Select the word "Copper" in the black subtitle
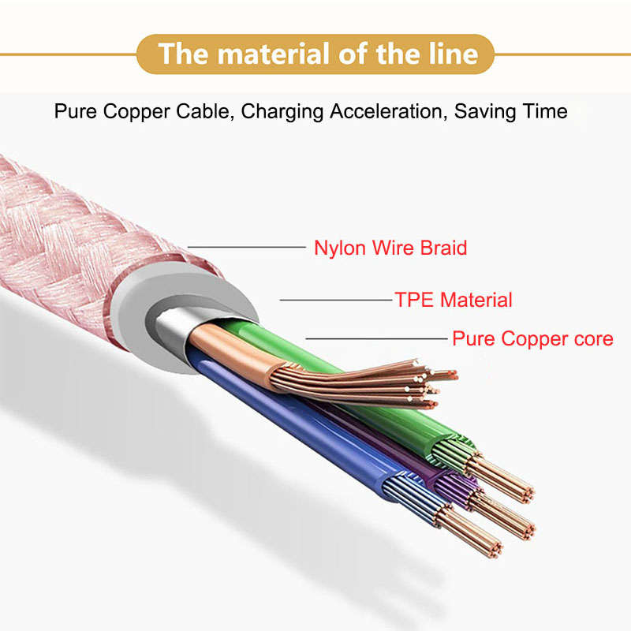[x=136, y=112]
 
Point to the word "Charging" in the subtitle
[x=282, y=112]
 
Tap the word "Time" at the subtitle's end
[x=545, y=111]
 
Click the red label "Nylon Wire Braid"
[x=390, y=248]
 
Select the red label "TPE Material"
[x=454, y=300]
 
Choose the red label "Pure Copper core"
[x=533, y=338]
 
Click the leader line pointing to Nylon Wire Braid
[x=247, y=247]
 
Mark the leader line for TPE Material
[x=336, y=300]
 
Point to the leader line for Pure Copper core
[x=377, y=338]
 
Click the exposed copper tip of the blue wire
[x=470, y=531]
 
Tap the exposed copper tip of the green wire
[x=501, y=479]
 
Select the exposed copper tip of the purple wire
[x=504, y=517]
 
